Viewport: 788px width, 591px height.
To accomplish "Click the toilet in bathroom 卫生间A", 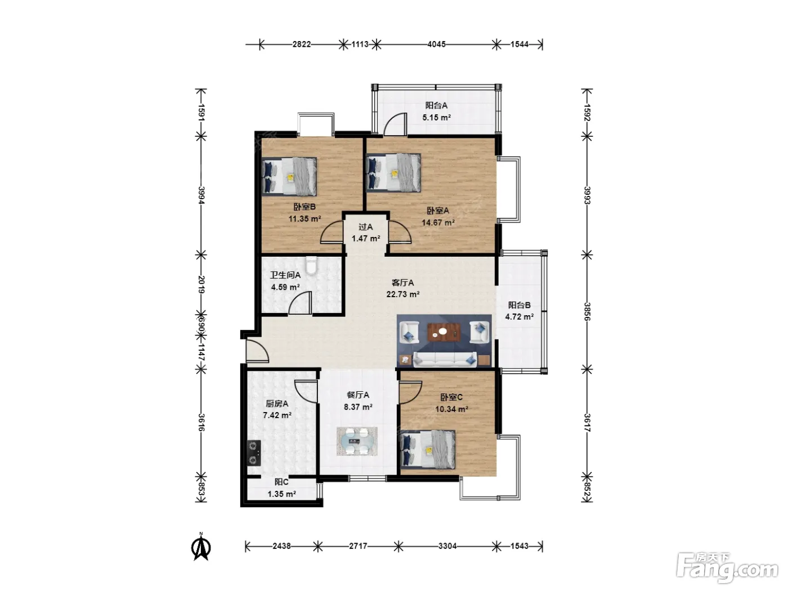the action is [311, 265].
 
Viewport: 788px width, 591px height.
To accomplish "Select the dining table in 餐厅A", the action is [357, 441].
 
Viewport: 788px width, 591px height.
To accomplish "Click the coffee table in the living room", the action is [444, 332].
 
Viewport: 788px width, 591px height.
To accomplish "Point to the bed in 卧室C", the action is [428, 450].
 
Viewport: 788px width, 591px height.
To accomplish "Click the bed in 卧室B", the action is [289, 177].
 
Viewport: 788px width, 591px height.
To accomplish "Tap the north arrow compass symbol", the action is [202, 548].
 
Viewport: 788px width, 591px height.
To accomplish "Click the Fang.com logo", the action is [727, 568].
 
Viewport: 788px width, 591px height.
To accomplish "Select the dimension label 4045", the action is [437, 44].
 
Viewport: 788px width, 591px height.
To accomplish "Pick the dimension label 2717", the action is [358, 546].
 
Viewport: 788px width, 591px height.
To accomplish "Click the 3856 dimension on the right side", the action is [587, 311].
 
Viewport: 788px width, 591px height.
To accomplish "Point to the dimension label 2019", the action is [201, 285].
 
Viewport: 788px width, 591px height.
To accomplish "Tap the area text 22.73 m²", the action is [403, 294].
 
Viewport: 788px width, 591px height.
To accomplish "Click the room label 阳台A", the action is [436, 105].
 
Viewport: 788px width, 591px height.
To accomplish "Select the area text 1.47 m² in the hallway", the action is [366, 239].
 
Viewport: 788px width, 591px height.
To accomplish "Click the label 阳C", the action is [281, 482].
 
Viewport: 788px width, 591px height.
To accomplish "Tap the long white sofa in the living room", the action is [445, 359].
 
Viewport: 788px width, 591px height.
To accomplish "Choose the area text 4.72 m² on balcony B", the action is [519, 317].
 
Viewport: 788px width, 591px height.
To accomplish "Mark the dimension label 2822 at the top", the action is [301, 44].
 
